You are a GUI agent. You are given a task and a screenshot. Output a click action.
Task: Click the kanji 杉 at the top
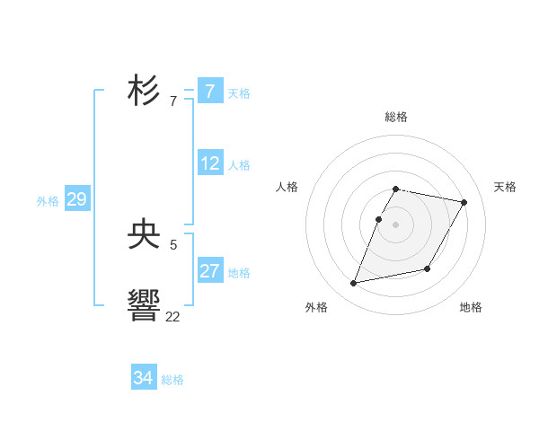tap(145, 92)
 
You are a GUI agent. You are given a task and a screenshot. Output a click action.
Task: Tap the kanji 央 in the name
tap(145, 235)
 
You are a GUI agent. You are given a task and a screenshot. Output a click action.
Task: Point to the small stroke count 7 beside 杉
tap(173, 101)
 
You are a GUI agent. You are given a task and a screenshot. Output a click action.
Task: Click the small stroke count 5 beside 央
tap(173, 244)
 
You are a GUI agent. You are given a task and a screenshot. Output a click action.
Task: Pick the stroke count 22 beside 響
tap(172, 316)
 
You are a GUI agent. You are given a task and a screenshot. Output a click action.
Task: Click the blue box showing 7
tap(210, 92)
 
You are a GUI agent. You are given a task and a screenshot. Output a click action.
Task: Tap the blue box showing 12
tap(210, 163)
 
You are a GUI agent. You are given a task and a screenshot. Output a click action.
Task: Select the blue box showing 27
tap(210, 271)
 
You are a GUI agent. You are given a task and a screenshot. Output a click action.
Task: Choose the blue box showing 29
tap(76, 199)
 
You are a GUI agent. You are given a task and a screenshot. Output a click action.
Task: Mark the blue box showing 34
tap(144, 378)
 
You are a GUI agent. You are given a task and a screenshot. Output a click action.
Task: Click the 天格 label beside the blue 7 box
tap(239, 92)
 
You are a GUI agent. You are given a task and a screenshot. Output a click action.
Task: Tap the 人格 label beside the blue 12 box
tap(239, 164)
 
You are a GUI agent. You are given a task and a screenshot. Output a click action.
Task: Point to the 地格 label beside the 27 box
tap(239, 272)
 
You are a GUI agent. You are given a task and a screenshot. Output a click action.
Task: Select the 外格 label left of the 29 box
tap(48, 201)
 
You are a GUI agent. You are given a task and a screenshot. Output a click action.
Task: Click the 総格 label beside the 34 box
tap(172, 379)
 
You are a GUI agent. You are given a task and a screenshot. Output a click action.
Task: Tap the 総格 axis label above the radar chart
tap(396, 117)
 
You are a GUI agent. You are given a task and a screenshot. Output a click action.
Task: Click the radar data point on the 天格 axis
tap(464, 203)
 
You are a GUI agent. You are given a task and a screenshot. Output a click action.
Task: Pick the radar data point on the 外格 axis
tap(354, 284)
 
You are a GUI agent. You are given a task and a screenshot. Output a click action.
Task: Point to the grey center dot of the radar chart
tap(396, 224)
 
